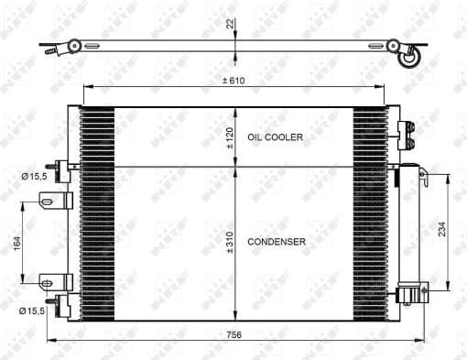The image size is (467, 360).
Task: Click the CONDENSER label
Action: (276, 242)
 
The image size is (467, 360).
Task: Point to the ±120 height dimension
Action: (230, 136)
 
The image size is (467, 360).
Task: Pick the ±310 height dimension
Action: (230, 242)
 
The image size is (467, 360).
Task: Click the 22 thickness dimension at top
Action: (230, 24)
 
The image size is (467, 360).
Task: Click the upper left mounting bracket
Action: (61, 200)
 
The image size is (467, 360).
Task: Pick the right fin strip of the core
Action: (370, 213)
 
